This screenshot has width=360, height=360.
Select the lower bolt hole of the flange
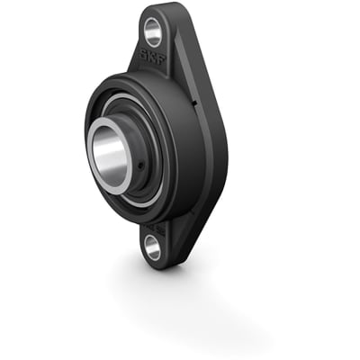pyautogui.click(x=153, y=249)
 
